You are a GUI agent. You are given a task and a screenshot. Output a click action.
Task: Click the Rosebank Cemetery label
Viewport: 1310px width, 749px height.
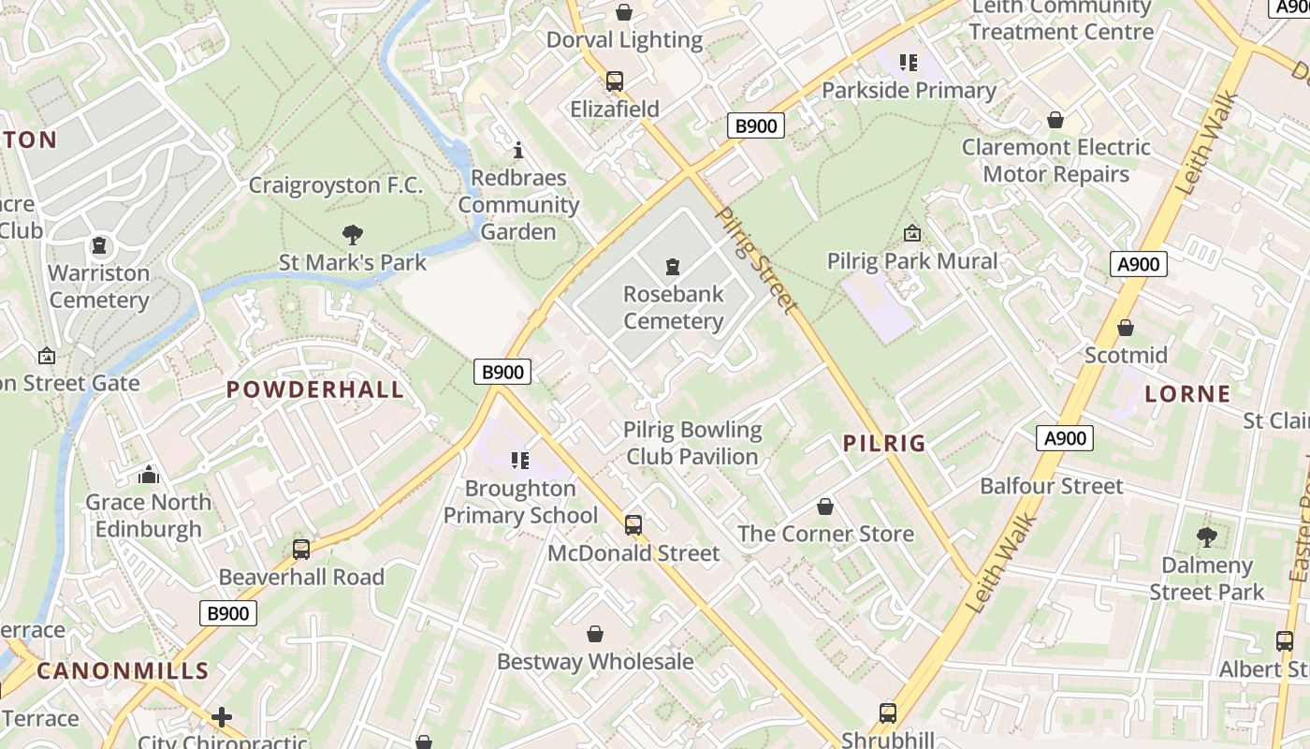tap(673, 307)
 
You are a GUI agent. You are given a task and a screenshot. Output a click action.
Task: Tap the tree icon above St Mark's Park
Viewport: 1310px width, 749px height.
tap(353, 235)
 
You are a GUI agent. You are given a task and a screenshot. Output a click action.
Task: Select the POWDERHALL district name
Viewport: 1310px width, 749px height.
tap(315, 389)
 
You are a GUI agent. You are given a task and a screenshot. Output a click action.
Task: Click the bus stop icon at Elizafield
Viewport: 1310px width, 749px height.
tap(615, 81)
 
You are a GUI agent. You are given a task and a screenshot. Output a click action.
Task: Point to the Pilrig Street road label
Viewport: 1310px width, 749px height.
tap(756, 259)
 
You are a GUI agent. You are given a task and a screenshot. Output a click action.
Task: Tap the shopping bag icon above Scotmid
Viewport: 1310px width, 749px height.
tap(1126, 328)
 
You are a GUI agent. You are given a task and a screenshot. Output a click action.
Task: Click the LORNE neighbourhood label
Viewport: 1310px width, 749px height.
tap(1187, 393)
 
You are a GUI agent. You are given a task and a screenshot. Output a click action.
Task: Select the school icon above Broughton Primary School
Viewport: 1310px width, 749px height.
tap(520, 461)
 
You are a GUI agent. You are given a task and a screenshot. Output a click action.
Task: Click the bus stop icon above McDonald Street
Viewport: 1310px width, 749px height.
tap(633, 524)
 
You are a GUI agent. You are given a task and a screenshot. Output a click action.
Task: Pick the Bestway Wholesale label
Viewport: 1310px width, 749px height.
tap(595, 661)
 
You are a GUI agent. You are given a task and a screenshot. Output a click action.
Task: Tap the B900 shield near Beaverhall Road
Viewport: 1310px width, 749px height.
tap(228, 613)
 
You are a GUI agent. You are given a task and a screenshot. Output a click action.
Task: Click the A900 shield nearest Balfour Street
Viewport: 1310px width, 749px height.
tap(1065, 437)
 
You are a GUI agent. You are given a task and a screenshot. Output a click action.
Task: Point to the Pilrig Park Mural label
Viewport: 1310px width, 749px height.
tap(912, 260)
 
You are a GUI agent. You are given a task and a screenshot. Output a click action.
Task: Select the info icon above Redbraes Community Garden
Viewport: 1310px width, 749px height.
tap(518, 150)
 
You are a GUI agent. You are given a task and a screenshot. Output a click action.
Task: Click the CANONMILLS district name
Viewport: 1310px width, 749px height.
tap(123, 670)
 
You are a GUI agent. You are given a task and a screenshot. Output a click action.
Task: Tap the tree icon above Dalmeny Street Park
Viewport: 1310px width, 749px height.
tap(1206, 537)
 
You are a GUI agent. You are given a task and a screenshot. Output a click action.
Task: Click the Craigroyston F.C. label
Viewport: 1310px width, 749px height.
tap(335, 185)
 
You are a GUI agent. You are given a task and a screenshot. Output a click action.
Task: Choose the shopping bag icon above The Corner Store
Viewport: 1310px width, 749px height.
tap(825, 507)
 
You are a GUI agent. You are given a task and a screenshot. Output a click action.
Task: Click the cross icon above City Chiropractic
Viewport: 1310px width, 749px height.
tap(222, 717)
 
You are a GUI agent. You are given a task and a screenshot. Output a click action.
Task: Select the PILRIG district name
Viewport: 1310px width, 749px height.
tap(884, 443)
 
